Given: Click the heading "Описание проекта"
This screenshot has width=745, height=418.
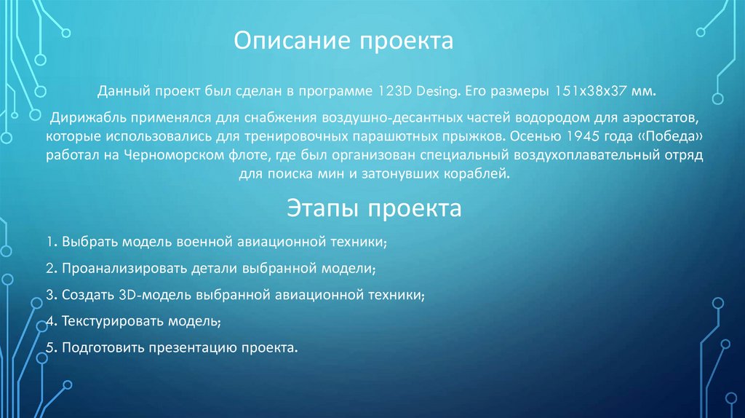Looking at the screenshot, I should pyautogui.click(x=343, y=41).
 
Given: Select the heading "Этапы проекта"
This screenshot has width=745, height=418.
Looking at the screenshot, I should pyautogui.click(x=371, y=210).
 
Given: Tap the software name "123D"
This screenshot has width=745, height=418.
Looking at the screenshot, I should pyautogui.click(x=394, y=93).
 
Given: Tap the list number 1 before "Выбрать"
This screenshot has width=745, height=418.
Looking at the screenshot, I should pyautogui.click(x=47, y=240).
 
